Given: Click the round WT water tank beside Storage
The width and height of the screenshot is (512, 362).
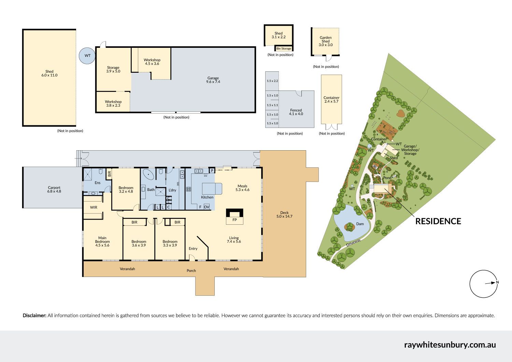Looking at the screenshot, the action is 87,56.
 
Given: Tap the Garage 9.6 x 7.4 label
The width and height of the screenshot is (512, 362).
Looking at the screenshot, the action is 213,80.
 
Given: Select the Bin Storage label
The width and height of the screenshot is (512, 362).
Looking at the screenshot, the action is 284,48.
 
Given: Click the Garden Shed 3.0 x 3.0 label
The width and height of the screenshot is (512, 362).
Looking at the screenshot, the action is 326,41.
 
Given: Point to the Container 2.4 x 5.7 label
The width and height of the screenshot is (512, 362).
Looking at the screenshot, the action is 331,99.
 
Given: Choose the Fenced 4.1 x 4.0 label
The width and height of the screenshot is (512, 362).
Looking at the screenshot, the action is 296,112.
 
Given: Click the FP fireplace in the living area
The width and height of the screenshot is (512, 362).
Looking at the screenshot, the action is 234,216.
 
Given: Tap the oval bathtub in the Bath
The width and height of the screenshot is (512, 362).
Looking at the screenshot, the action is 148,174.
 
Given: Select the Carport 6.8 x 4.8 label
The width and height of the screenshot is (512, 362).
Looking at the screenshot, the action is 54,189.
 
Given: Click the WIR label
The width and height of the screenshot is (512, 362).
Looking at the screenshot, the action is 94,207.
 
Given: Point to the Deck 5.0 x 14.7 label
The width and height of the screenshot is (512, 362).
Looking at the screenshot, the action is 284,214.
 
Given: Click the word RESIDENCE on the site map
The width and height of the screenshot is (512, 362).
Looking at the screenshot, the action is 438,221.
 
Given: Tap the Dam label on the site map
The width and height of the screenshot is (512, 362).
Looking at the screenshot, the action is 360,224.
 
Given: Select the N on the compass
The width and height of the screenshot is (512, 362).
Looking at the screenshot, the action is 497,282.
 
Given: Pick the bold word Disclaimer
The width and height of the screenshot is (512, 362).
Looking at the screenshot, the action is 34,316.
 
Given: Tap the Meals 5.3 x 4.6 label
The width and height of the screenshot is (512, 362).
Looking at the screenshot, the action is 242,188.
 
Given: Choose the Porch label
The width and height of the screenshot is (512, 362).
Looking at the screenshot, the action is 191,271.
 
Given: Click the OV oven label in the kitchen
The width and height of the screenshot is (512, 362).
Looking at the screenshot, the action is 207,207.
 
